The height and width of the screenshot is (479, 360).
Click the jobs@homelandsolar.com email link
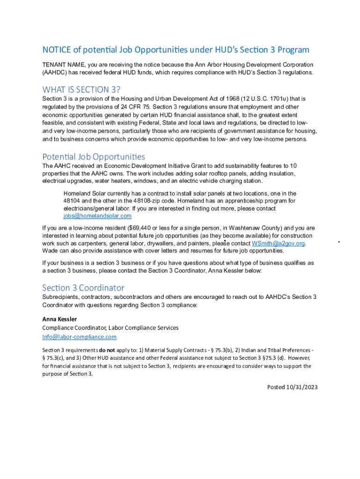coord(97,216)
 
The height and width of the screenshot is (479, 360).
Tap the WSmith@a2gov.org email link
coord(278,244)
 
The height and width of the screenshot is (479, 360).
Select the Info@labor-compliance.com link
coord(79,337)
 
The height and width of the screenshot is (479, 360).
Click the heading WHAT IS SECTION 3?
coord(81,89)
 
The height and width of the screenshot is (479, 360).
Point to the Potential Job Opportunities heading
coord(94,157)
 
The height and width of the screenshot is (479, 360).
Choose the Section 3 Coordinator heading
coord(83,288)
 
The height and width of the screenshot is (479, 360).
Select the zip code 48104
coord(73,201)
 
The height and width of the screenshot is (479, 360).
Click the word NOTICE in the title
coord(56,50)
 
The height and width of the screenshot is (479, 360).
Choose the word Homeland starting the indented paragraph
coord(76,193)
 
